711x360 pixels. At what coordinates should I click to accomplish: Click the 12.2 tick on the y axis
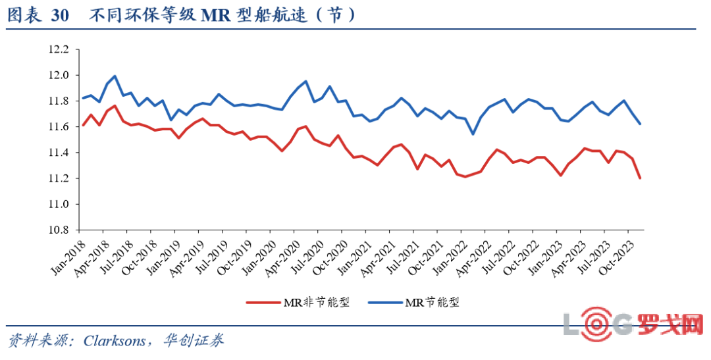pyautogui.click(x=58, y=49)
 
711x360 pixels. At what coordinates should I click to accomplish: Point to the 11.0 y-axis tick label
pyautogui.click(x=58, y=204)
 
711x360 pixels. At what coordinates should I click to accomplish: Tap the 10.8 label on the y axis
pyautogui.click(x=58, y=230)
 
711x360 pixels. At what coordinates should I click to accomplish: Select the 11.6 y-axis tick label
pyautogui.click(x=58, y=126)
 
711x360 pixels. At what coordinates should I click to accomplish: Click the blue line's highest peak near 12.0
pyautogui.click(x=115, y=76)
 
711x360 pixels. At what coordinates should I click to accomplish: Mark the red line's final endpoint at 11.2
pyautogui.click(x=640, y=178)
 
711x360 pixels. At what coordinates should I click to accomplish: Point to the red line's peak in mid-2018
pyautogui.click(x=115, y=106)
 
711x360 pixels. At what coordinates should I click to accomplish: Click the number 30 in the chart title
pyautogui.click(x=59, y=16)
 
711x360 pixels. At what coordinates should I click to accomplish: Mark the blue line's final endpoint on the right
pyautogui.click(x=640, y=124)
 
